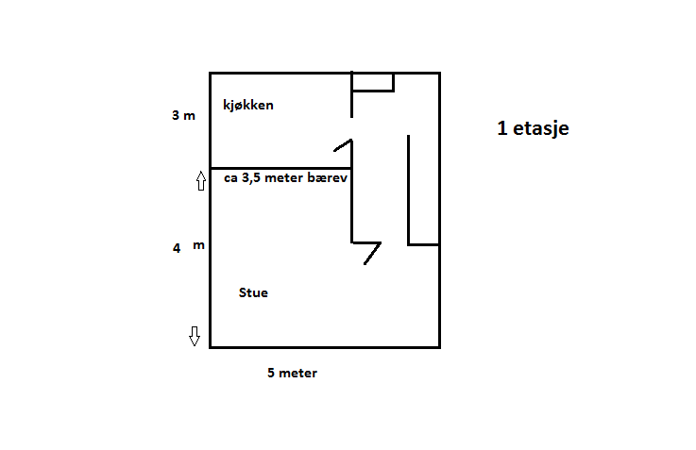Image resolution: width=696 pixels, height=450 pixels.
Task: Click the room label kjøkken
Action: coord(248,106)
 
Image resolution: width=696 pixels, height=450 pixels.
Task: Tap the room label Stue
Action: coord(253,292)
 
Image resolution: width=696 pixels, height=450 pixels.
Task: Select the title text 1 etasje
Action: coord(534,128)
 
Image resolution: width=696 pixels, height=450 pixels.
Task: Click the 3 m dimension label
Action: coord(183,115)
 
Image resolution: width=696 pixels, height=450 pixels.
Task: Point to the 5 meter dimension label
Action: coord(292,373)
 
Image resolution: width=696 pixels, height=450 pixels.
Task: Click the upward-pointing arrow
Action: coord(201,181)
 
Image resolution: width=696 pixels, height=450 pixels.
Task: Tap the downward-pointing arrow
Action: coord(195,336)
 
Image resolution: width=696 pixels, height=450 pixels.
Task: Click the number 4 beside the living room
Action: coord(177,248)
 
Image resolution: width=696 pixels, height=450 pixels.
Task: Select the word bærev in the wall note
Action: coord(330,177)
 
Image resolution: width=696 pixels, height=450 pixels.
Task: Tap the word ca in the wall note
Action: coord(230,178)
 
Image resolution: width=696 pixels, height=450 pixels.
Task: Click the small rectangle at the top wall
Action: coord(373,82)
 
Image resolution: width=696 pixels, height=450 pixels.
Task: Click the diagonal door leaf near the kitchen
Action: coord(343,145)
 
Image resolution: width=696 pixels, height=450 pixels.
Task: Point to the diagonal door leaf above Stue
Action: coord(372,254)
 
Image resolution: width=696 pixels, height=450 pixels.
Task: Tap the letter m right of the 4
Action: coord(199,245)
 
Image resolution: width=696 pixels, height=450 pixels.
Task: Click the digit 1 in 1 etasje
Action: coord(502,128)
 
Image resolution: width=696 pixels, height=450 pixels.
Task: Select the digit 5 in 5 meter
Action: coord(271,373)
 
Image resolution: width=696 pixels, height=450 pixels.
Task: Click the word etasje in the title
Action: coord(541,128)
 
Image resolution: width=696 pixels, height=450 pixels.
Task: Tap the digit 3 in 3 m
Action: coord(176,115)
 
